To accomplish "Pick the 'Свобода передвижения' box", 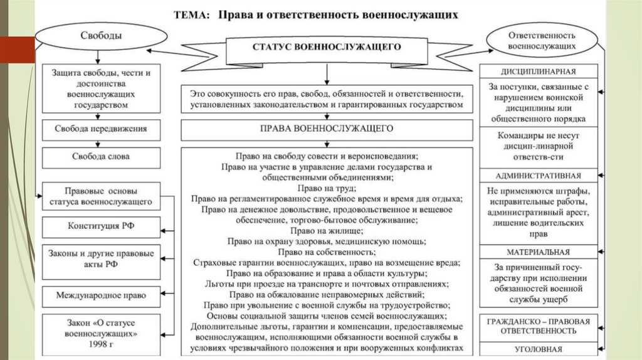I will [x=101, y=129].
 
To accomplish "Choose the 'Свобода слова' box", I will [x=101, y=157].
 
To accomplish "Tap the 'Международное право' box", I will [x=101, y=294].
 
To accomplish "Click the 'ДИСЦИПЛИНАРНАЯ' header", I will [x=539, y=71].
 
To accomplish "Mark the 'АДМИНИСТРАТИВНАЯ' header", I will [x=539, y=176].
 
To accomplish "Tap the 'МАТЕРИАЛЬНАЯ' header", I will [x=539, y=251].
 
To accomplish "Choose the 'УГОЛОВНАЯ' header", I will [x=539, y=349].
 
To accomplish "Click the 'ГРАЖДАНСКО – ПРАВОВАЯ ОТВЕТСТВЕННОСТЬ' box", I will [x=539, y=326].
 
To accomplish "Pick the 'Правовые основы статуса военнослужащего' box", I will [x=101, y=196].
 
